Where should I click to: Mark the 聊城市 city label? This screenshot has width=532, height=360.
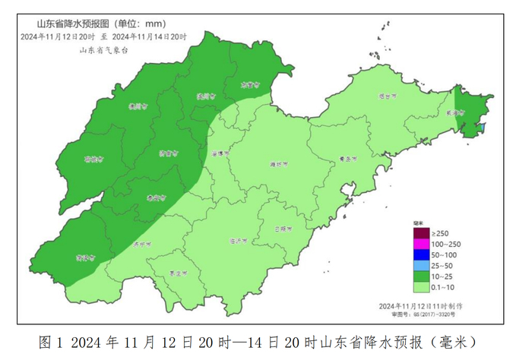click(x=94, y=159)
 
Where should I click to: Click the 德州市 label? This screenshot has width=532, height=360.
click(x=138, y=107)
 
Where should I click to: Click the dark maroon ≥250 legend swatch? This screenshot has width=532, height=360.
click(x=420, y=232)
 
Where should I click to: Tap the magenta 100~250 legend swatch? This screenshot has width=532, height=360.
click(x=420, y=243)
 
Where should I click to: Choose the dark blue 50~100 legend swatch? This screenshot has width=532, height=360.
click(x=420, y=254)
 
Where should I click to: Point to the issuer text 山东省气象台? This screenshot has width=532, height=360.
click(x=104, y=49)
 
